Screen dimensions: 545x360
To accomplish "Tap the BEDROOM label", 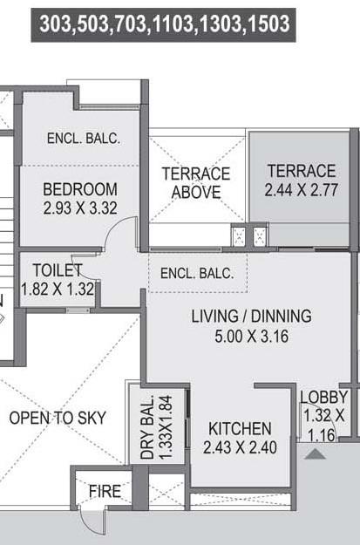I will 79,189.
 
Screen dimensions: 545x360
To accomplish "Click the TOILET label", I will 57,269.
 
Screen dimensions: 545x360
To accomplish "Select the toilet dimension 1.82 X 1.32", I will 57,288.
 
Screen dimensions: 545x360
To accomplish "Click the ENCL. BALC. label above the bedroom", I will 83,139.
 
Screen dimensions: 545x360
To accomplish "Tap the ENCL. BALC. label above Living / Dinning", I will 197,273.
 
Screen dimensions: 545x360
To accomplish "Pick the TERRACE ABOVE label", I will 195,182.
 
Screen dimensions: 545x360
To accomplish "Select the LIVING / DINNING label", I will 251,317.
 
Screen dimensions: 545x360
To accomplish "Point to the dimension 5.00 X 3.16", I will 251,335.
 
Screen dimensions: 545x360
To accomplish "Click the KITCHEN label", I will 239,429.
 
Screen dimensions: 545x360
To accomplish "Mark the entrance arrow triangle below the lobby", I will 316,453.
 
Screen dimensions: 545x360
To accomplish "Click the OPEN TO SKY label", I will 58,418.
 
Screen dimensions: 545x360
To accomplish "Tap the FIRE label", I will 105,492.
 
